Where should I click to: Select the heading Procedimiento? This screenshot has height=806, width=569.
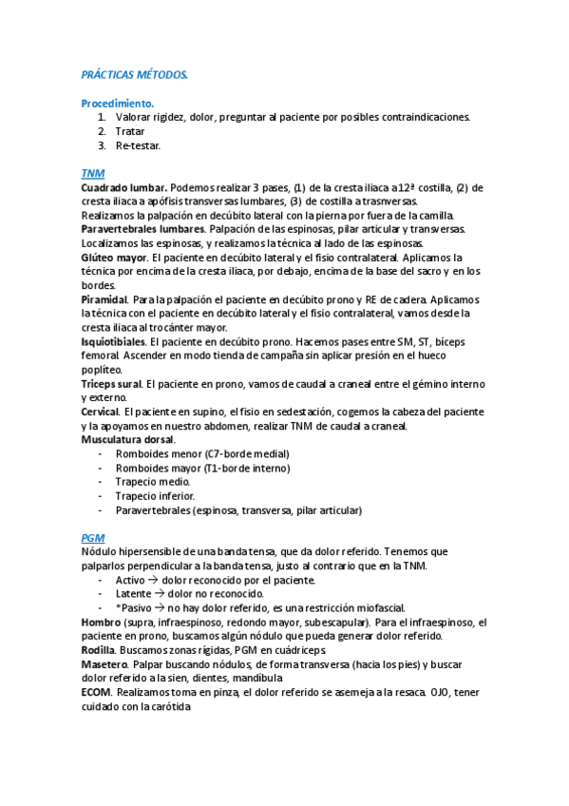[118, 103]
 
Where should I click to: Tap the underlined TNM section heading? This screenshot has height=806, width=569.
[93, 173]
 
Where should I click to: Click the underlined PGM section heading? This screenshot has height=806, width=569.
[93, 537]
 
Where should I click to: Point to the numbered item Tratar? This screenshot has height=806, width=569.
[130, 131]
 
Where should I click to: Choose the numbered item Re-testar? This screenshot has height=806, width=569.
[138, 145]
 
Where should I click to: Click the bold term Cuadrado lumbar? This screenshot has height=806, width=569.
[125, 187]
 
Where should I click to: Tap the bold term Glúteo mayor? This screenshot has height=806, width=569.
[114, 257]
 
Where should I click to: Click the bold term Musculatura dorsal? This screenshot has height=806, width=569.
[128, 439]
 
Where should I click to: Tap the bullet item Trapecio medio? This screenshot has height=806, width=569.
[153, 481]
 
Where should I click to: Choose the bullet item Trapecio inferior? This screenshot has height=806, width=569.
[155, 495]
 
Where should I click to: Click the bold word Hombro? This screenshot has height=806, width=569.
[102, 622]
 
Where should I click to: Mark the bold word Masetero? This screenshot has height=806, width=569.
[104, 663]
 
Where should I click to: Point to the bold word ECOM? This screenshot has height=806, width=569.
[97, 691]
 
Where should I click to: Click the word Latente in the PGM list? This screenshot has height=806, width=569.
[136, 593]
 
